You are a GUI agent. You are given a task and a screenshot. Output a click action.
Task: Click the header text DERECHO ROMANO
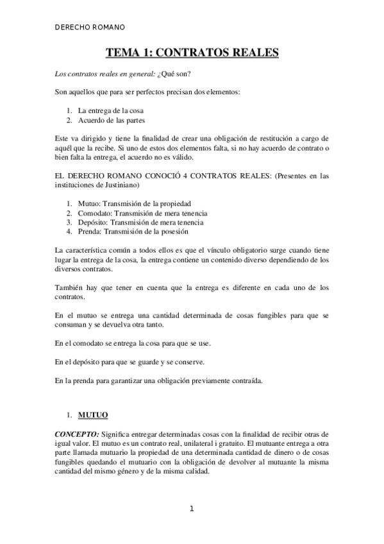[x=90, y=28]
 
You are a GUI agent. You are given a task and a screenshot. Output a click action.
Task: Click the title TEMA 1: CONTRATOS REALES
[x=192, y=53]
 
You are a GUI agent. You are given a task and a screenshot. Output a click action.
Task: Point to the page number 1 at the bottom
[x=191, y=510]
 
